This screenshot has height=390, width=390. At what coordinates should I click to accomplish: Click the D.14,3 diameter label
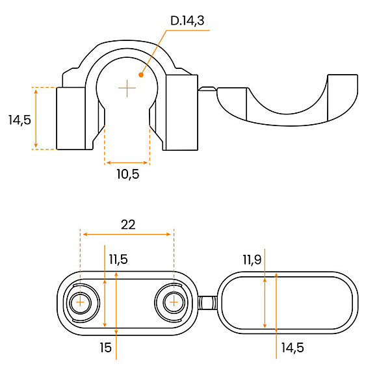click(187, 21)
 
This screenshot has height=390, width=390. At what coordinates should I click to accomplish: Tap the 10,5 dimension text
click(128, 174)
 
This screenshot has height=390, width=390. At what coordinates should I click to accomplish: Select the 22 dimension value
click(128, 225)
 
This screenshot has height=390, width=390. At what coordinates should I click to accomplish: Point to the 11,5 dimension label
click(118, 259)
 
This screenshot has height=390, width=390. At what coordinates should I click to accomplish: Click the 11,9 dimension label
click(252, 260)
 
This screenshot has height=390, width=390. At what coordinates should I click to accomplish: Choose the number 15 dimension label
click(106, 348)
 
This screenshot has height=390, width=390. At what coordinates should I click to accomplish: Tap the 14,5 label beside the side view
click(19, 120)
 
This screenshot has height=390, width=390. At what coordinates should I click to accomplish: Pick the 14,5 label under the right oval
click(292, 348)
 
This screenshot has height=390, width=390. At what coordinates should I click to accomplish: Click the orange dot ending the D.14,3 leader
click(141, 75)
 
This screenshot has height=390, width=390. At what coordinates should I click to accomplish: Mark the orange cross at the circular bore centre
click(127, 88)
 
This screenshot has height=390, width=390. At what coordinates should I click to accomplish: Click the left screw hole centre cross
click(80, 302)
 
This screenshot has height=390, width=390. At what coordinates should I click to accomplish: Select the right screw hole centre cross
click(174, 302)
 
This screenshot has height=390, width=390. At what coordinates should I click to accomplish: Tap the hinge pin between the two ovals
click(208, 303)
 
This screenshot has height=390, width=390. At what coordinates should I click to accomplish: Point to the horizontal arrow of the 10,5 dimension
click(127, 162)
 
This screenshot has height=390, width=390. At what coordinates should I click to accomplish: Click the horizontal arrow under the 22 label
click(127, 234)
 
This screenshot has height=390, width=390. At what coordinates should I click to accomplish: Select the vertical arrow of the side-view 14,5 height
click(36, 118)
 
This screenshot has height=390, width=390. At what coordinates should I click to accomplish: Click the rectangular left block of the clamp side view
click(71, 118)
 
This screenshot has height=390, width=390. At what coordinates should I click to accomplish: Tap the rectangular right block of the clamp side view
click(182, 112)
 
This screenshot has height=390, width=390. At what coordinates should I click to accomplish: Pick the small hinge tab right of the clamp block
click(207, 89)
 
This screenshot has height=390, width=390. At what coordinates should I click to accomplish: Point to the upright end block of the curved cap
click(343, 97)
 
